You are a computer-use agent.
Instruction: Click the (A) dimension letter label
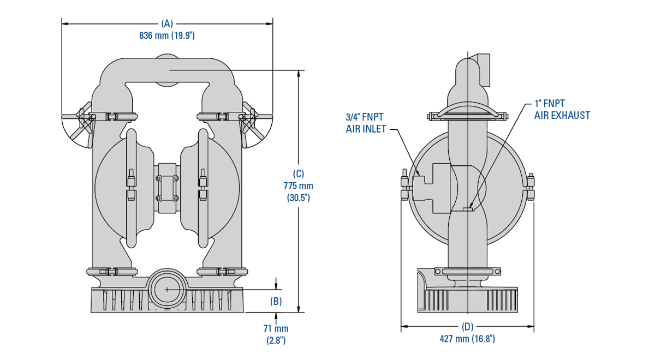coord(167,23)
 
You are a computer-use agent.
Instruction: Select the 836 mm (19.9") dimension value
coord(167,36)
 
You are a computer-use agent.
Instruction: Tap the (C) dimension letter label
coord(298,173)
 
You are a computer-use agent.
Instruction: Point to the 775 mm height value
coord(298,185)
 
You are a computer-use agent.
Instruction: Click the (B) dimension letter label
coord(276,301)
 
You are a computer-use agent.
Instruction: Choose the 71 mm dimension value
coord(276,328)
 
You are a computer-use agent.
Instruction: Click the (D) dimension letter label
coord(467,327)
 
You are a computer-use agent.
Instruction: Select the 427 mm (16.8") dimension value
coord(467,339)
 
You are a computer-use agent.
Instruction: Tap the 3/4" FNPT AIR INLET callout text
coord(366,123)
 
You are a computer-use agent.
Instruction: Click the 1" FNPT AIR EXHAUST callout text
coord(562,110)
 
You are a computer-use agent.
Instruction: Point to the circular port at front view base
coord(167,289)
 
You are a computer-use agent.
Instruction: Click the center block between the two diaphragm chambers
coord(167,188)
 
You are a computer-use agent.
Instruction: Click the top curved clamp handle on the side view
coord(468,109)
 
